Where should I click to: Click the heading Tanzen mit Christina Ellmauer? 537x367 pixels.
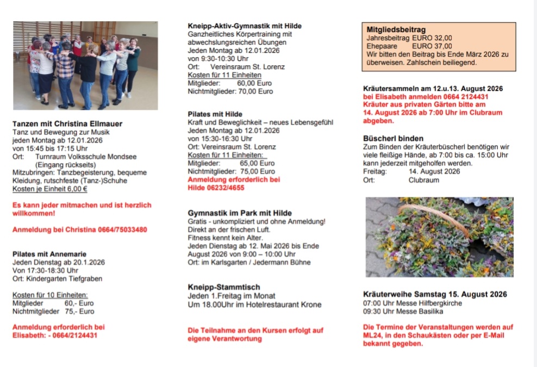[x=67, y=124]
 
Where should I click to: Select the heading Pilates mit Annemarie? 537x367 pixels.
[x=49, y=254]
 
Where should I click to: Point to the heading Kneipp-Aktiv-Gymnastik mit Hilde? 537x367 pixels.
[x=245, y=26]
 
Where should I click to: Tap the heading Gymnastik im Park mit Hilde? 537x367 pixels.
[x=240, y=213]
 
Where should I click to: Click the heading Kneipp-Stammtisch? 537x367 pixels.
[x=224, y=287]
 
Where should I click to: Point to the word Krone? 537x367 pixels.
[x=310, y=304]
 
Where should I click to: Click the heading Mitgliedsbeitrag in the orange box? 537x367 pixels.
[x=396, y=29]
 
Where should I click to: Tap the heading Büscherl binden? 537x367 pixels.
[x=393, y=138]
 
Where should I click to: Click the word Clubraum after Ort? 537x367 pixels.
[x=423, y=180]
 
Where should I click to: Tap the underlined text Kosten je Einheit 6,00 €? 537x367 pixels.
[x=50, y=189]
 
